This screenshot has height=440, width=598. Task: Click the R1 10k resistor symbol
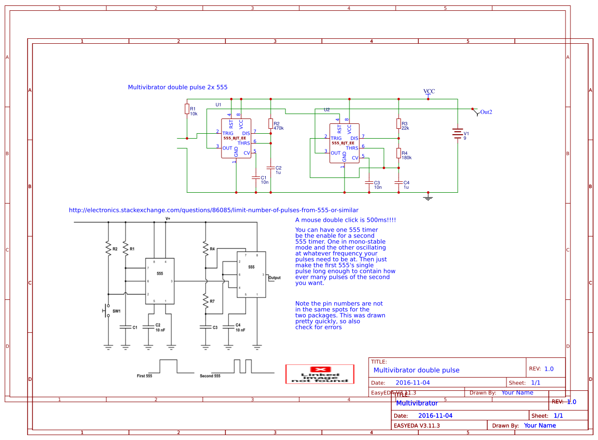(x=187, y=109)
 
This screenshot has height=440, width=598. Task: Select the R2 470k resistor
(x=271, y=123)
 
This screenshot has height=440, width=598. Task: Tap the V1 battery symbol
(x=458, y=133)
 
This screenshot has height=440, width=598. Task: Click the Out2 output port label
(x=486, y=112)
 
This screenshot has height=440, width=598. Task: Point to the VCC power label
(x=429, y=91)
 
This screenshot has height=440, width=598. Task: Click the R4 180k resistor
(x=399, y=153)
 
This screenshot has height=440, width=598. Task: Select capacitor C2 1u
(x=271, y=168)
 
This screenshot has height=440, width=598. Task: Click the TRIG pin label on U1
(x=227, y=133)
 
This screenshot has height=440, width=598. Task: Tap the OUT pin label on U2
(x=335, y=153)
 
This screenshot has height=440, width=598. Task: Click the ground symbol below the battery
(x=428, y=198)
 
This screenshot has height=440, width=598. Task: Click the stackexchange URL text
(x=214, y=210)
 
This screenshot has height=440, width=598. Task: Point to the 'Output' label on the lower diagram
(x=274, y=278)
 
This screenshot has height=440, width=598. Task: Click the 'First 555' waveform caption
(x=144, y=376)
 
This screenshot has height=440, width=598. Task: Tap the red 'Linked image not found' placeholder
(x=320, y=374)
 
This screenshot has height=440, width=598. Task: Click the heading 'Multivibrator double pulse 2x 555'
(x=178, y=87)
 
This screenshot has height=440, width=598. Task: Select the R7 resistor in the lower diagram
(x=206, y=300)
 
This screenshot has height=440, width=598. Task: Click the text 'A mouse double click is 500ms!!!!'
(x=346, y=220)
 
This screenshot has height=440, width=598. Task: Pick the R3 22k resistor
(x=399, y=123)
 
